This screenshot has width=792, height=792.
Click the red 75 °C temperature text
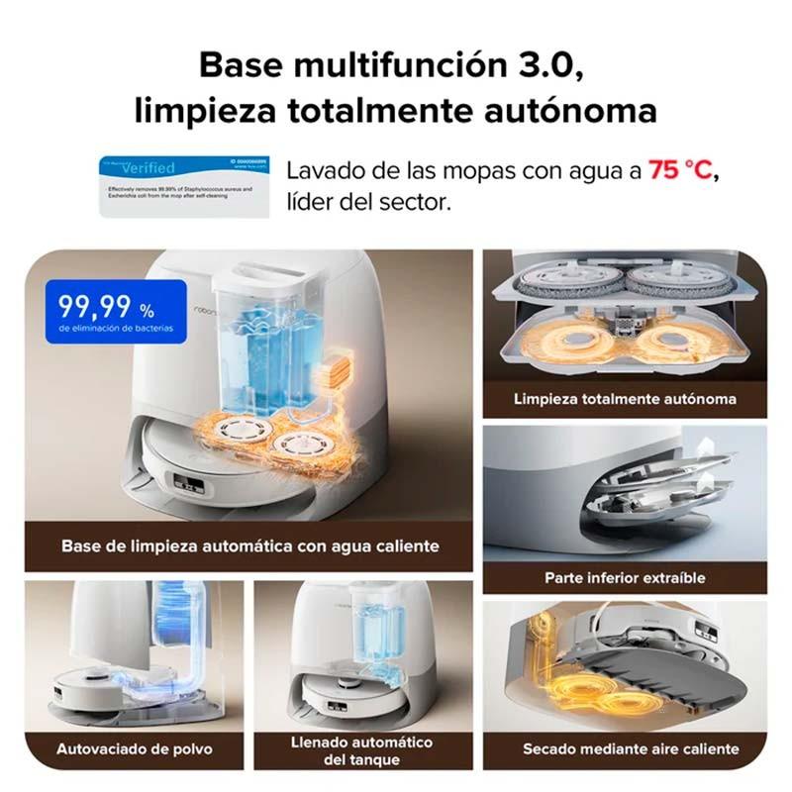[x=680, y=170]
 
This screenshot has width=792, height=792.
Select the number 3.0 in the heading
[x=546, y=66]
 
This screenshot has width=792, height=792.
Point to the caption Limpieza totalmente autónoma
[x=625, y=400]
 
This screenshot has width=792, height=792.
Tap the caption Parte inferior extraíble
[x=625, y=577]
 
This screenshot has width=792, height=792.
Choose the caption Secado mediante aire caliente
[x=631, y=749]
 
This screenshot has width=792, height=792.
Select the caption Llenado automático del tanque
[x=361, y=750]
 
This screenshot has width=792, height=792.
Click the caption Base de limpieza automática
[x=249, y=545]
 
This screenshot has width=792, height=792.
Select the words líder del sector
[x=368, y=202]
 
